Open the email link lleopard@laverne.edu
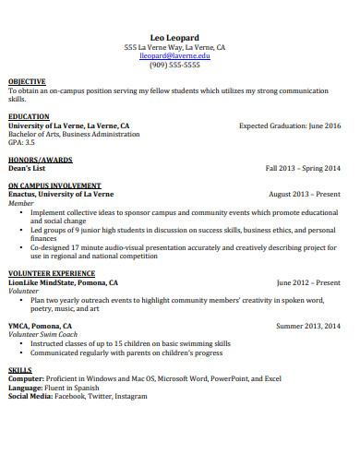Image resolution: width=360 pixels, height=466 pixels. (x=175, y=56)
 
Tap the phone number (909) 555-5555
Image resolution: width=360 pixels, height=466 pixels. (x=175, y=66)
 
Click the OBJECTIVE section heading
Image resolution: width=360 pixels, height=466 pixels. (x=27, y=82)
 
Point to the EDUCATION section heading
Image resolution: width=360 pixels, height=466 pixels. (x=29, y=117)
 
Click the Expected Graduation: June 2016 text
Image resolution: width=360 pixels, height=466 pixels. (x=289, y=125)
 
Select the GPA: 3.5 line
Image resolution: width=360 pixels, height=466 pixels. (x=21, y=143)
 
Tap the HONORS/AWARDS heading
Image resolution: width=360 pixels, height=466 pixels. (x=39, y=160)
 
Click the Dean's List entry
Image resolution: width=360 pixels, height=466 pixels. (x=28, y=168)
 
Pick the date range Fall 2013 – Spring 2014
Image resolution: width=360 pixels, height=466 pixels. (x=303, y=168)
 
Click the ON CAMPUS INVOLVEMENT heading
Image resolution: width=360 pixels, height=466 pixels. (x=54, y=185)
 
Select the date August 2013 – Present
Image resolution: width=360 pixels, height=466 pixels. (x=304, y=195)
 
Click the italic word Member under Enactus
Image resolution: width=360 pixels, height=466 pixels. (x=22, y=203)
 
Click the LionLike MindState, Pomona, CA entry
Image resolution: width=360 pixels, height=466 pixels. (x=63, y=282)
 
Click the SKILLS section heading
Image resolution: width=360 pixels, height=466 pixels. (x=19, y=369)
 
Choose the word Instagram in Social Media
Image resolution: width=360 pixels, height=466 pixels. (x=130, y=395)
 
